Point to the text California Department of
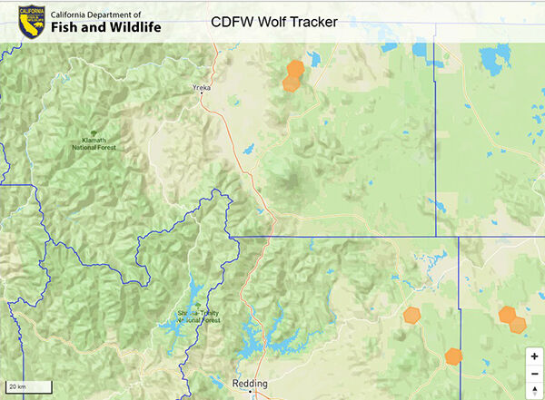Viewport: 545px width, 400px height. click(109, 15)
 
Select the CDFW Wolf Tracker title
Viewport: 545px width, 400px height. click(274, 21)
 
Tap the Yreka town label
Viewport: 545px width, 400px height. click(202, 88)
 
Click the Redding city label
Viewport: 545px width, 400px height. click(250, 384)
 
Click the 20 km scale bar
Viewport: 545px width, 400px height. click(27, 387)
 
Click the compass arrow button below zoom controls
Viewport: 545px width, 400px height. click(534, 390)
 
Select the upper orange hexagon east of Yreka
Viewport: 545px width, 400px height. click(295, 68)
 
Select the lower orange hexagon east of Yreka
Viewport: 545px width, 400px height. click(291, 83)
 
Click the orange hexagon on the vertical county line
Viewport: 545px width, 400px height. click(453, 356)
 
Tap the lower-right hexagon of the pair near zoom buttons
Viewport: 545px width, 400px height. click(519, 323)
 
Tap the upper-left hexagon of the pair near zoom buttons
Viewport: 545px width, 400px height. click(507, 315)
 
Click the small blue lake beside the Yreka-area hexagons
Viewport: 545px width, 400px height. click(315, 61)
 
